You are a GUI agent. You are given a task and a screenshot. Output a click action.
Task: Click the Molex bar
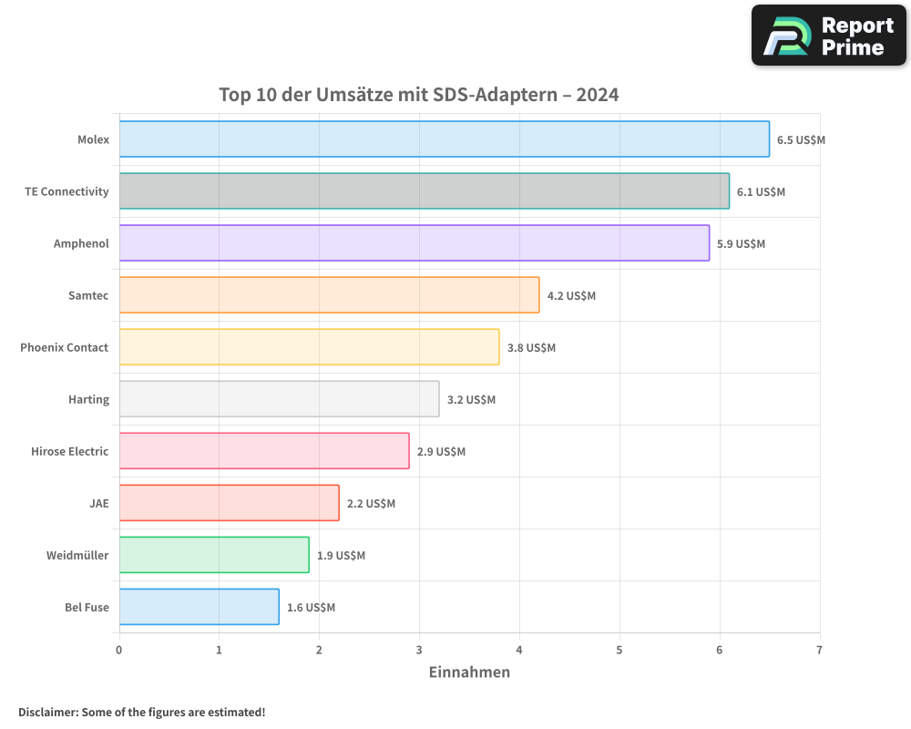444,139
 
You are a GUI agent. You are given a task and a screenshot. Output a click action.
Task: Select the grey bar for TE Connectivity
424,191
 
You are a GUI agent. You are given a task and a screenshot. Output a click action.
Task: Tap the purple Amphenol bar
414,243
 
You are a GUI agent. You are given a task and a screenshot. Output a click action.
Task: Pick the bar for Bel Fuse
199,607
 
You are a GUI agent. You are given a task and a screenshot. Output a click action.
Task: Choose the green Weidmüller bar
213,555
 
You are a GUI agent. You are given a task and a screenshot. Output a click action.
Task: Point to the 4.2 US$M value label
571,295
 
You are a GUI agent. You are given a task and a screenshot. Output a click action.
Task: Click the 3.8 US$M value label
531,347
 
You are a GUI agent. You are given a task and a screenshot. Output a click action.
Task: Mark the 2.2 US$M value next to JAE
371,503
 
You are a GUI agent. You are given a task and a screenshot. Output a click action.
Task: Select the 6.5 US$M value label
801,139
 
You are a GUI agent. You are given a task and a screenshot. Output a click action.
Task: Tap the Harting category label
88,399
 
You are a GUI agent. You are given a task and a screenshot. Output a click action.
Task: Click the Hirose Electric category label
69,451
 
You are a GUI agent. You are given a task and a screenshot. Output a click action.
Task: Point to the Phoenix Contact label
64,347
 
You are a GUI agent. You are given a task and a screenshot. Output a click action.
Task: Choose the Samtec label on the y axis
88,295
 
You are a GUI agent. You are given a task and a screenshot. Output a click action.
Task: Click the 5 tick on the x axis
619,650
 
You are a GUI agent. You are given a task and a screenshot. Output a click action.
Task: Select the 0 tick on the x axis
118,650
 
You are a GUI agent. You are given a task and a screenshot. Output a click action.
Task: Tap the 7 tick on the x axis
819,650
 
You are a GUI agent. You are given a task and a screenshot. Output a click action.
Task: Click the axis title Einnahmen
469,673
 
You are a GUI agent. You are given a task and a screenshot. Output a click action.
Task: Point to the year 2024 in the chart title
599,95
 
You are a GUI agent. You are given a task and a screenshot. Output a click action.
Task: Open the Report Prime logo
828,36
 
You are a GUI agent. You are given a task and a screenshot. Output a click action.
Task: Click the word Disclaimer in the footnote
46,712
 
